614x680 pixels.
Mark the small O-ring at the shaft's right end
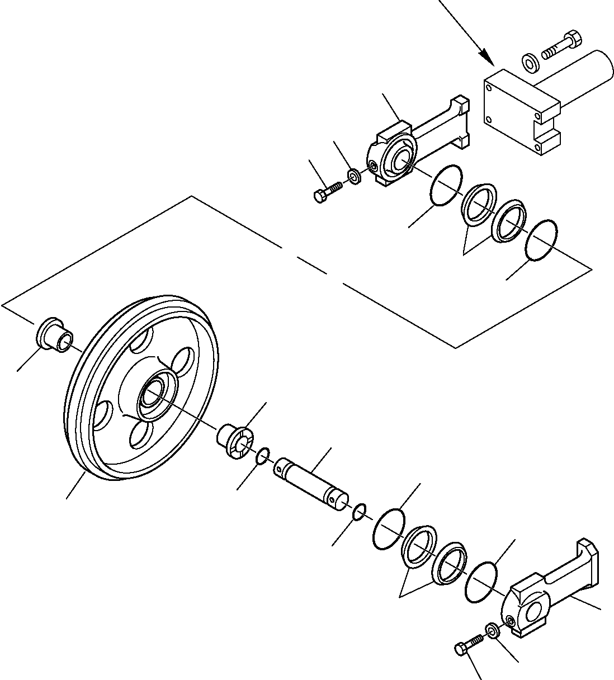coord(360,510)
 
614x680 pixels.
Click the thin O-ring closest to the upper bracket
coord(446,185)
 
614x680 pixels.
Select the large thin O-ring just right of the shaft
coord(389,529)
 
